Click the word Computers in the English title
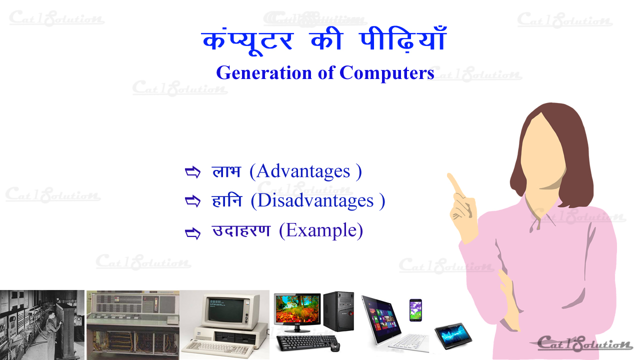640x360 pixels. click(386, 73)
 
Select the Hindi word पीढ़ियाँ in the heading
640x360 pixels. click(403, 40)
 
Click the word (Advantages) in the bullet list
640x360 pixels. click(305, 171)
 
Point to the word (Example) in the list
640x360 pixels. click(320, 231)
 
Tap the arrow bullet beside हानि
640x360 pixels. click(192, 201)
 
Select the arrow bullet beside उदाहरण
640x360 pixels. click(192, 232)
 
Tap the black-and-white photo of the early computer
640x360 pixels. click(42, 324)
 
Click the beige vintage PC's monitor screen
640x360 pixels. click(222, 310)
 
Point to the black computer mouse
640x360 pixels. click(334, 346)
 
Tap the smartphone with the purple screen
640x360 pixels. click(415, 310)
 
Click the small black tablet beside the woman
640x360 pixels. click(453, 335)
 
